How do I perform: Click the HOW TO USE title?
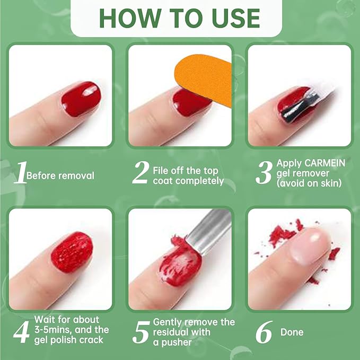pyautogui.click(x=180, y=17)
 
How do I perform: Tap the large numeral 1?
pyautogui.click(x=20, y=174)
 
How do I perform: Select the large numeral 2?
pyautogui.click(x=140, y=174)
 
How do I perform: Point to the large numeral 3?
pyautogui.click(x=264, y=174)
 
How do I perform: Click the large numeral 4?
pyautogui.click(x=20, y=331)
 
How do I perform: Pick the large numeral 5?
pyautogui.click(x=141, y=332)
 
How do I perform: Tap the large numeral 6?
pyautogui.click(x=264, y=332)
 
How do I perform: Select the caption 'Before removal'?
pyautogui.click(x=60, y=175)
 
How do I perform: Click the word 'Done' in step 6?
pyautogui.click(x=292, y=332)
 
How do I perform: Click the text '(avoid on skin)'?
pyautogui.click(x=309, y=183)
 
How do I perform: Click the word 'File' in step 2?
pyautogui.click(x=161, y=171)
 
